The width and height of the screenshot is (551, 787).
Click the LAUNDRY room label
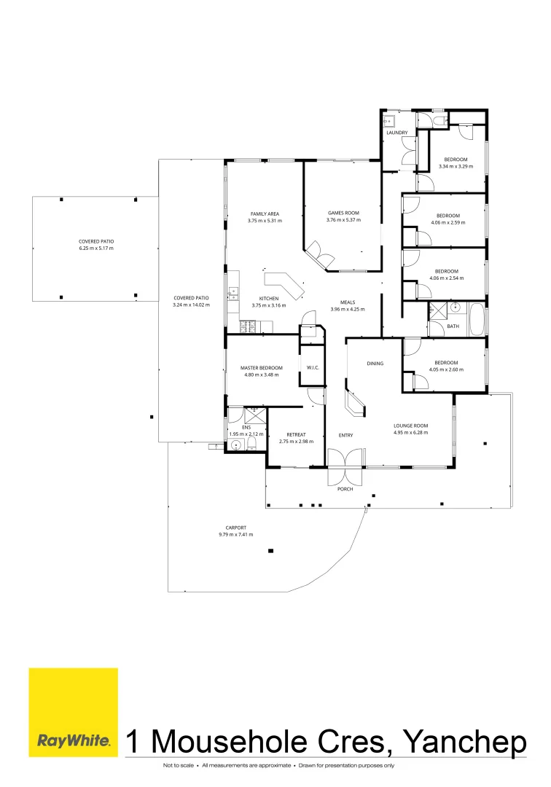(396, 132)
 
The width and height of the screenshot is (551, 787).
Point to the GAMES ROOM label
(343, 214)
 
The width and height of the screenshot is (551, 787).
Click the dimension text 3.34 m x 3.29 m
(456, 166)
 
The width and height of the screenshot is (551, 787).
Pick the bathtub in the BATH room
(477, 320)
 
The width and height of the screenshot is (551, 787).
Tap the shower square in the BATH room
(437, 310)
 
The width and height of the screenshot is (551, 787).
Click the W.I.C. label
(313, 367)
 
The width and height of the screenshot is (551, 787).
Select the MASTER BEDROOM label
(260, 368)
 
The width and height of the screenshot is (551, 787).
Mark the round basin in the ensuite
(235, 442)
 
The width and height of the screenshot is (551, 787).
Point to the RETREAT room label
(295, 434)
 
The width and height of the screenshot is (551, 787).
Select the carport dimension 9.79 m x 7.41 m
(235, 534)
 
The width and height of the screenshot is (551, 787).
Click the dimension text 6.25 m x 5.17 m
(96, 248)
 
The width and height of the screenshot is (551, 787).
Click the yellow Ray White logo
(73, 712)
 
